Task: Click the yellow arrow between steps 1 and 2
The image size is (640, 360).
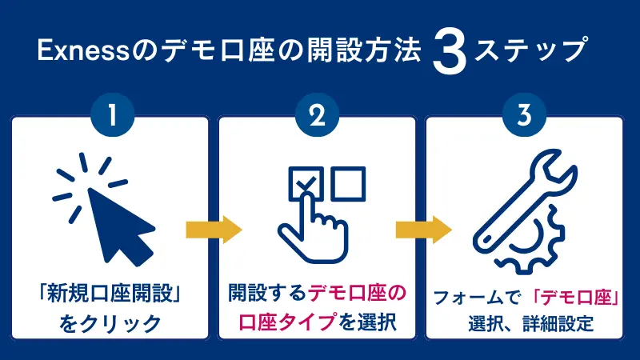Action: (214, 231)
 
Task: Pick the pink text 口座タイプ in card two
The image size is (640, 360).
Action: (278, 323)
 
